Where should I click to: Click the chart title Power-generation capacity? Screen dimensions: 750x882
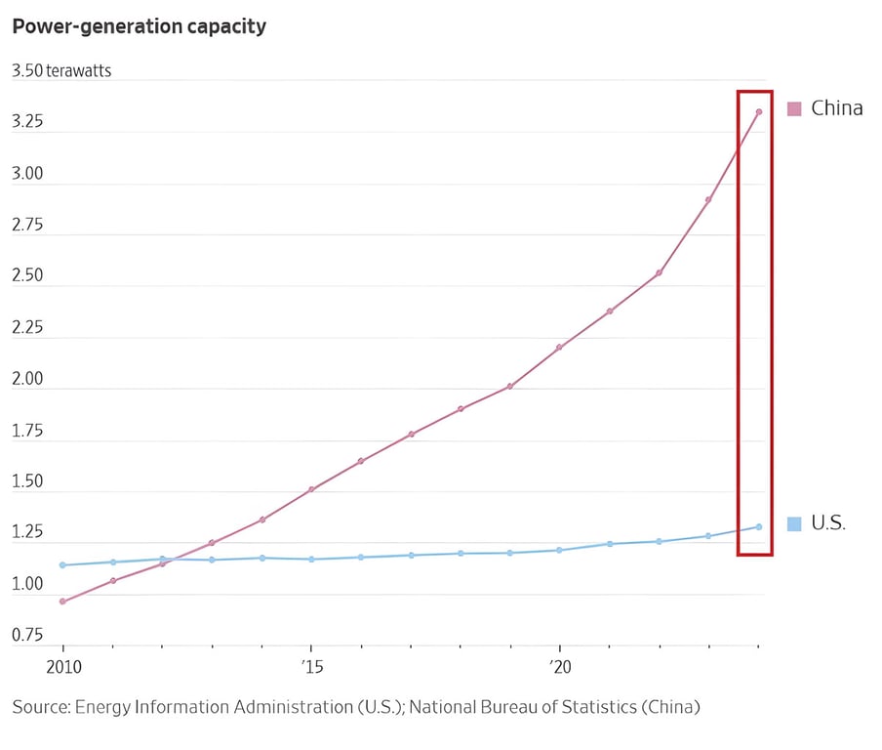pyautogui.click(x=139, y=26)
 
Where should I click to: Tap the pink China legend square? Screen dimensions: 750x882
pyautogui.click(x=794, y=108)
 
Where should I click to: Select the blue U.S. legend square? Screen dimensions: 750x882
pyautogui.click(x=794, y=523)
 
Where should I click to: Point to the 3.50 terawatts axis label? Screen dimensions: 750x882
pyautogui.click(x=61, y=71)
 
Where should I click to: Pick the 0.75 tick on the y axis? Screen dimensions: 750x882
pyautogui.click(x=27, y=635)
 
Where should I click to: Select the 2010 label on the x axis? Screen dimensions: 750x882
pyautogui.click(x=63, y=667)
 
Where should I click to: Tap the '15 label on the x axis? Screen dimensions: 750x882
pyautogui.click(x=310, y=667)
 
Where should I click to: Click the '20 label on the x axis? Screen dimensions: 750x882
pyautogui.click(x=559, y=667)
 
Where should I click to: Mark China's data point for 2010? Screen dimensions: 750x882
pyautogui.click(x=63, y=601)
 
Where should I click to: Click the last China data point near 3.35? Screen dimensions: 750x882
pyautogui.click(x=758, y=111)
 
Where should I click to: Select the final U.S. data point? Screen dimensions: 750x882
pyautogui.click(x=758, y=526)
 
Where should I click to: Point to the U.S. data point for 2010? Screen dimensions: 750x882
pyautogui.click(x=63, y=564)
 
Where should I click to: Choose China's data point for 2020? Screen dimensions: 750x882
pyautogui.click(x=559, y=347)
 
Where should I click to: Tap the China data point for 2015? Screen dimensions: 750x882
pyautogui.click(x=311, y=489)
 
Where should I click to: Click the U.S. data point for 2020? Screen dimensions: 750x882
pyautogui.click(x=559, y=550)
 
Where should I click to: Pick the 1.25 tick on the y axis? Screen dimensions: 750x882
pyautogui.click(x=27, y=532)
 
